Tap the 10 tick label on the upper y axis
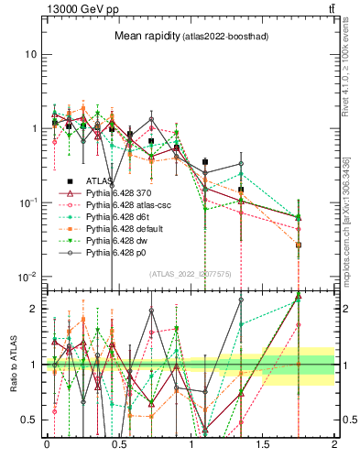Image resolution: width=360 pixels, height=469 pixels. click(x=31, y=54)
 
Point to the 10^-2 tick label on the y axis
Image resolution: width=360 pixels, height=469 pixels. click(x=27, y=277)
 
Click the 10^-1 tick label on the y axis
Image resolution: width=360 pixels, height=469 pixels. click(x=27, y=202)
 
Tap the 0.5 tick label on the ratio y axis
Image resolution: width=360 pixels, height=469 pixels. click(x=29, y=420)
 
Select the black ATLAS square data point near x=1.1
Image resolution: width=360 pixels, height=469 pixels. click(x=205, y=161)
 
